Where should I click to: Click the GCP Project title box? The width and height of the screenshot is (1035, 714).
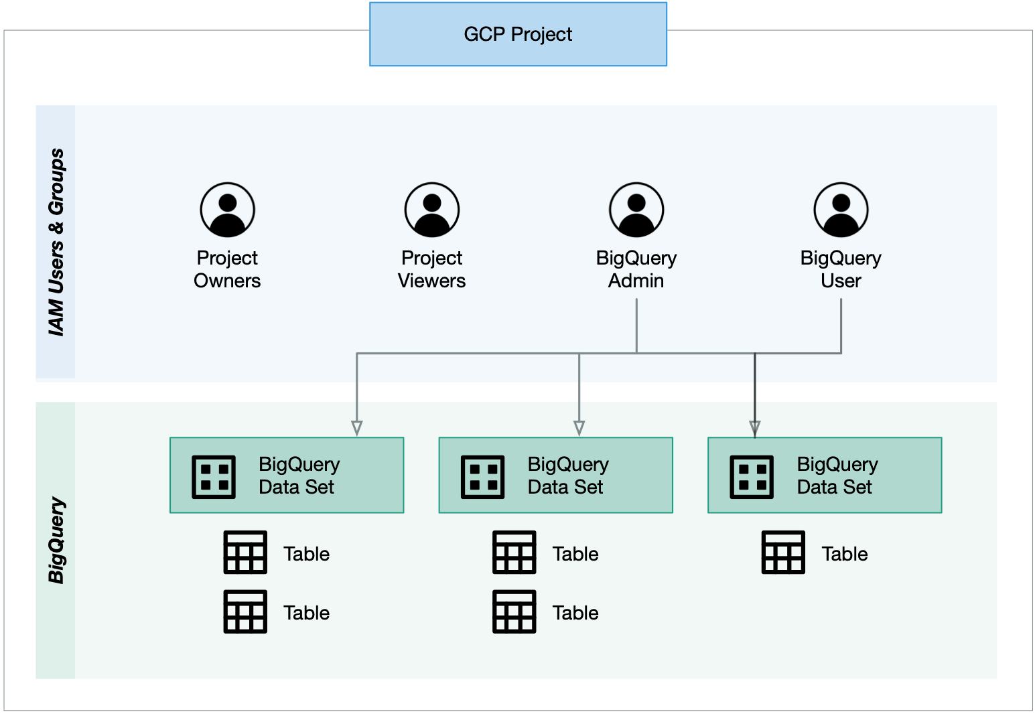518,34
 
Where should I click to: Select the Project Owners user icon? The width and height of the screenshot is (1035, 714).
227,210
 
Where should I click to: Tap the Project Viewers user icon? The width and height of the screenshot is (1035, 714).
432,210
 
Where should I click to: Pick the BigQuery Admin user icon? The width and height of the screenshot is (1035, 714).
636,210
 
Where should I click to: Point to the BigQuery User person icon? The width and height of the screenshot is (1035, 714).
841,210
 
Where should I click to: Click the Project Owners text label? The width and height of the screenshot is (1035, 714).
227,269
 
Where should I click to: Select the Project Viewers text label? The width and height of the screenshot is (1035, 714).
432,269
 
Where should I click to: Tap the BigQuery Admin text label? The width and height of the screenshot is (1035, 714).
636,269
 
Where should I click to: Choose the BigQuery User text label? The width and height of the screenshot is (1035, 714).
841,269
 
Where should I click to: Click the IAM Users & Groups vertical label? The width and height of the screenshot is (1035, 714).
56,242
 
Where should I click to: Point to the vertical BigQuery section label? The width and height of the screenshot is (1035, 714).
56,540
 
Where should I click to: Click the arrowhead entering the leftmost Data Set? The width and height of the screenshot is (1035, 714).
357,428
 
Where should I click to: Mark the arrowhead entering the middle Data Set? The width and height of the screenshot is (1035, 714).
579,428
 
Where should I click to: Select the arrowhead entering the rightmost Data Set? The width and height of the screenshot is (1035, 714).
755,428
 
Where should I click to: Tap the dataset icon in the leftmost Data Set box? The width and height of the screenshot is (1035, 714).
214,477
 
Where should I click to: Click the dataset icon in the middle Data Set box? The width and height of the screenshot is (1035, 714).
482,477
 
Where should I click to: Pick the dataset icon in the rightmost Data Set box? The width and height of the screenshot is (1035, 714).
752,477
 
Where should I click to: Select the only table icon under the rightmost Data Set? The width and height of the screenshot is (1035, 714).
783,553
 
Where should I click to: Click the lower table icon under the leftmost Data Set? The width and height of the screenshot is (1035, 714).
245,612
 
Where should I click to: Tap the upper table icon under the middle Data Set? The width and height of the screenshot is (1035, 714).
514,553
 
